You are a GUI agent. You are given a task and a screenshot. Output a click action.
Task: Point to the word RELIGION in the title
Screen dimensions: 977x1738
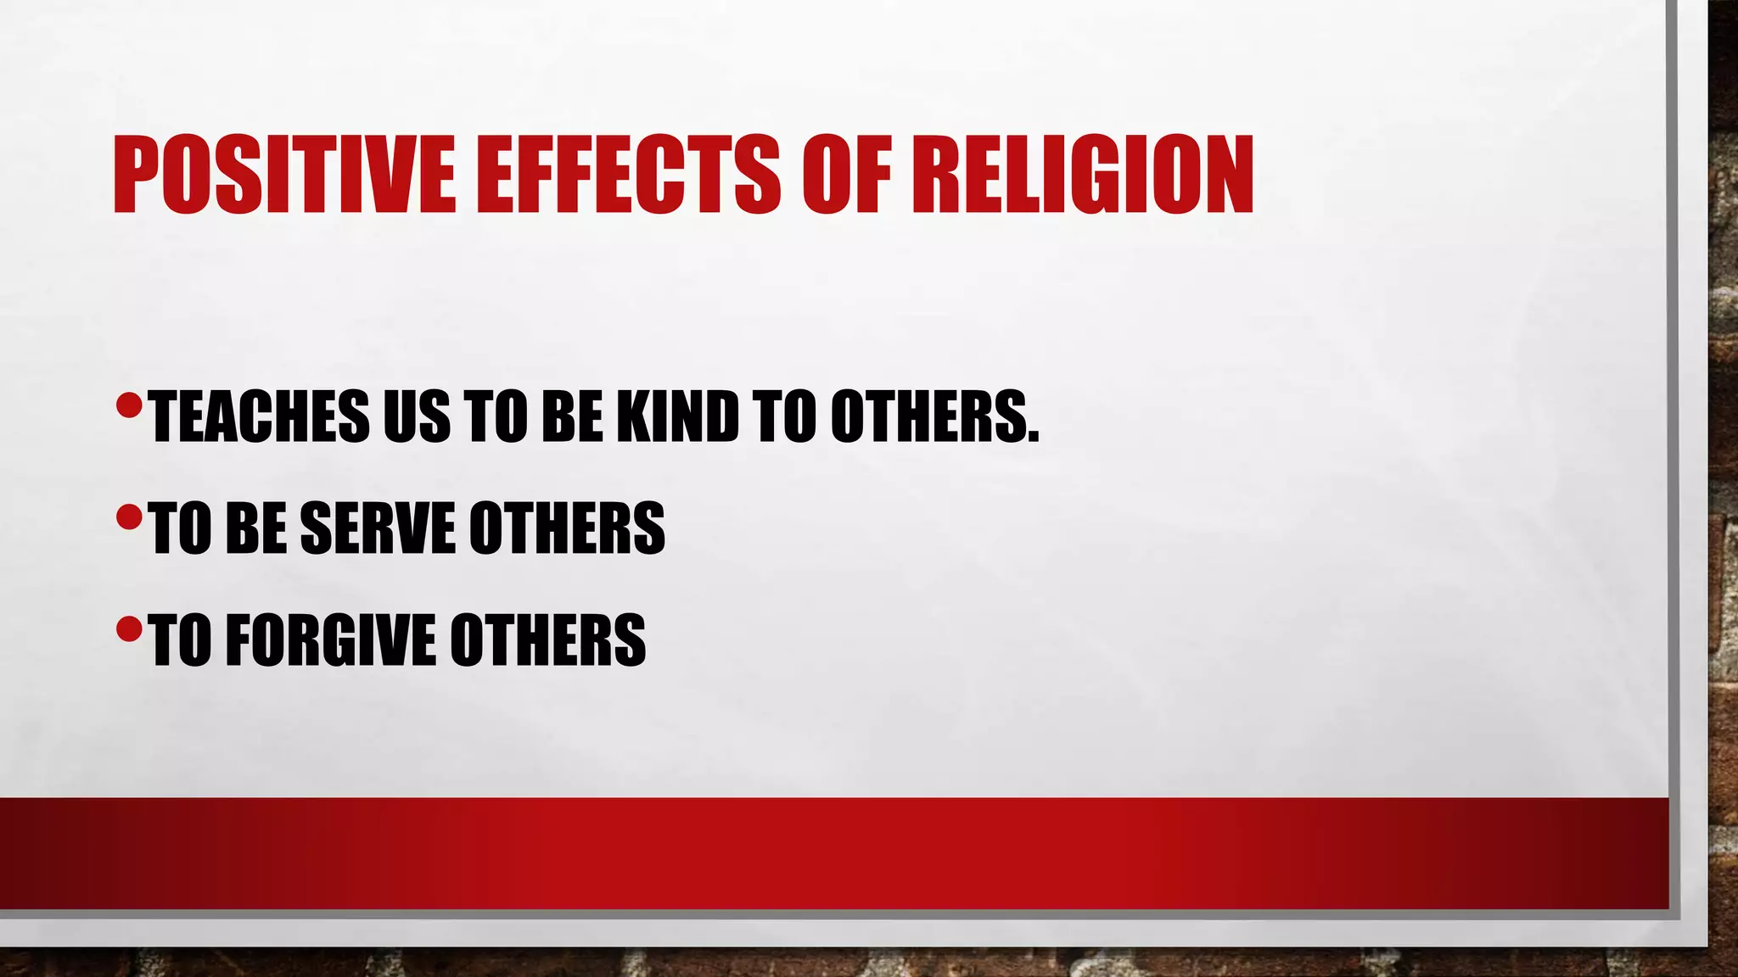click(x=1083, y=175)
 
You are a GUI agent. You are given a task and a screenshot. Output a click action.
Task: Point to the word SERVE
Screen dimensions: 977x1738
click(x=378, y=528)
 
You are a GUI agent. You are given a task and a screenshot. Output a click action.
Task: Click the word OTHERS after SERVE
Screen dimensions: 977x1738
click(x=567, y=528)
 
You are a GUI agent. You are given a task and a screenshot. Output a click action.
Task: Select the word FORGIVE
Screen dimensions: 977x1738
click(x=330, y=639)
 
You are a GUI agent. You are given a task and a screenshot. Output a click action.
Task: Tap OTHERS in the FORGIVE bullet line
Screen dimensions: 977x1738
click(x=547, y=639)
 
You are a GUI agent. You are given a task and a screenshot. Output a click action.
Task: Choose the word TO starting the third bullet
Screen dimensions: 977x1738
click(x=180, y=639)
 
